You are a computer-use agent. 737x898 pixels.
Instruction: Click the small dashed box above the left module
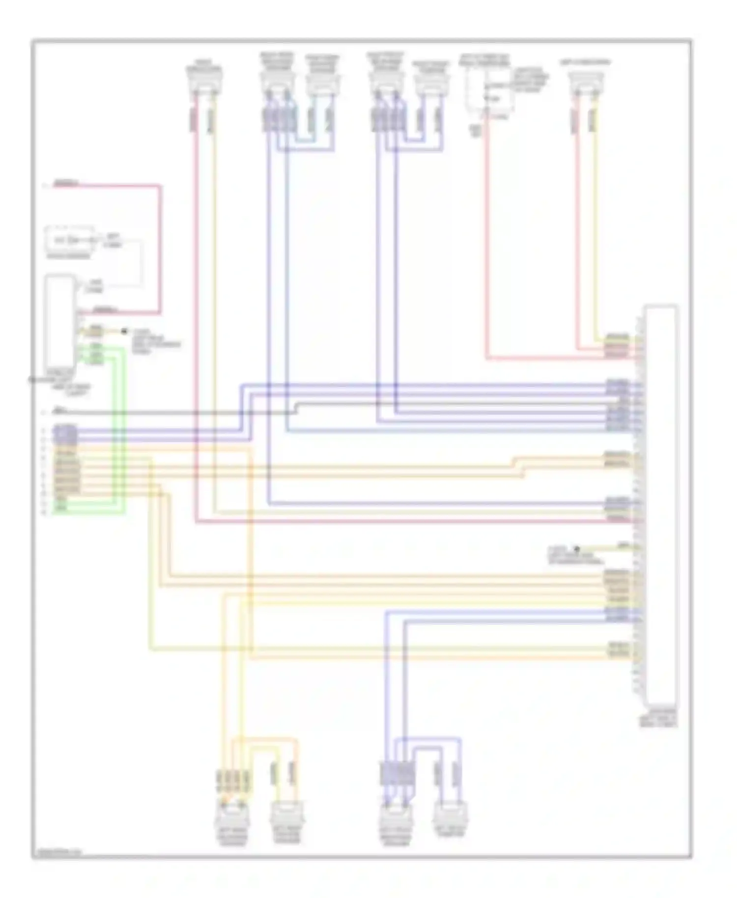click(69, 240)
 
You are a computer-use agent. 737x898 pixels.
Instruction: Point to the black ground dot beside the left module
click(124, 332)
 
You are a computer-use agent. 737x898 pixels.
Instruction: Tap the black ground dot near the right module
click(577, 549)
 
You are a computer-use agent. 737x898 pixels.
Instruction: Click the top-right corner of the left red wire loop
click(160, 186)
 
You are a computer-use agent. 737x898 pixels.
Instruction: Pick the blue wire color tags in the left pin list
click(66, 434)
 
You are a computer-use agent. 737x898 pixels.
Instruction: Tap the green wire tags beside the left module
click(95, 354)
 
